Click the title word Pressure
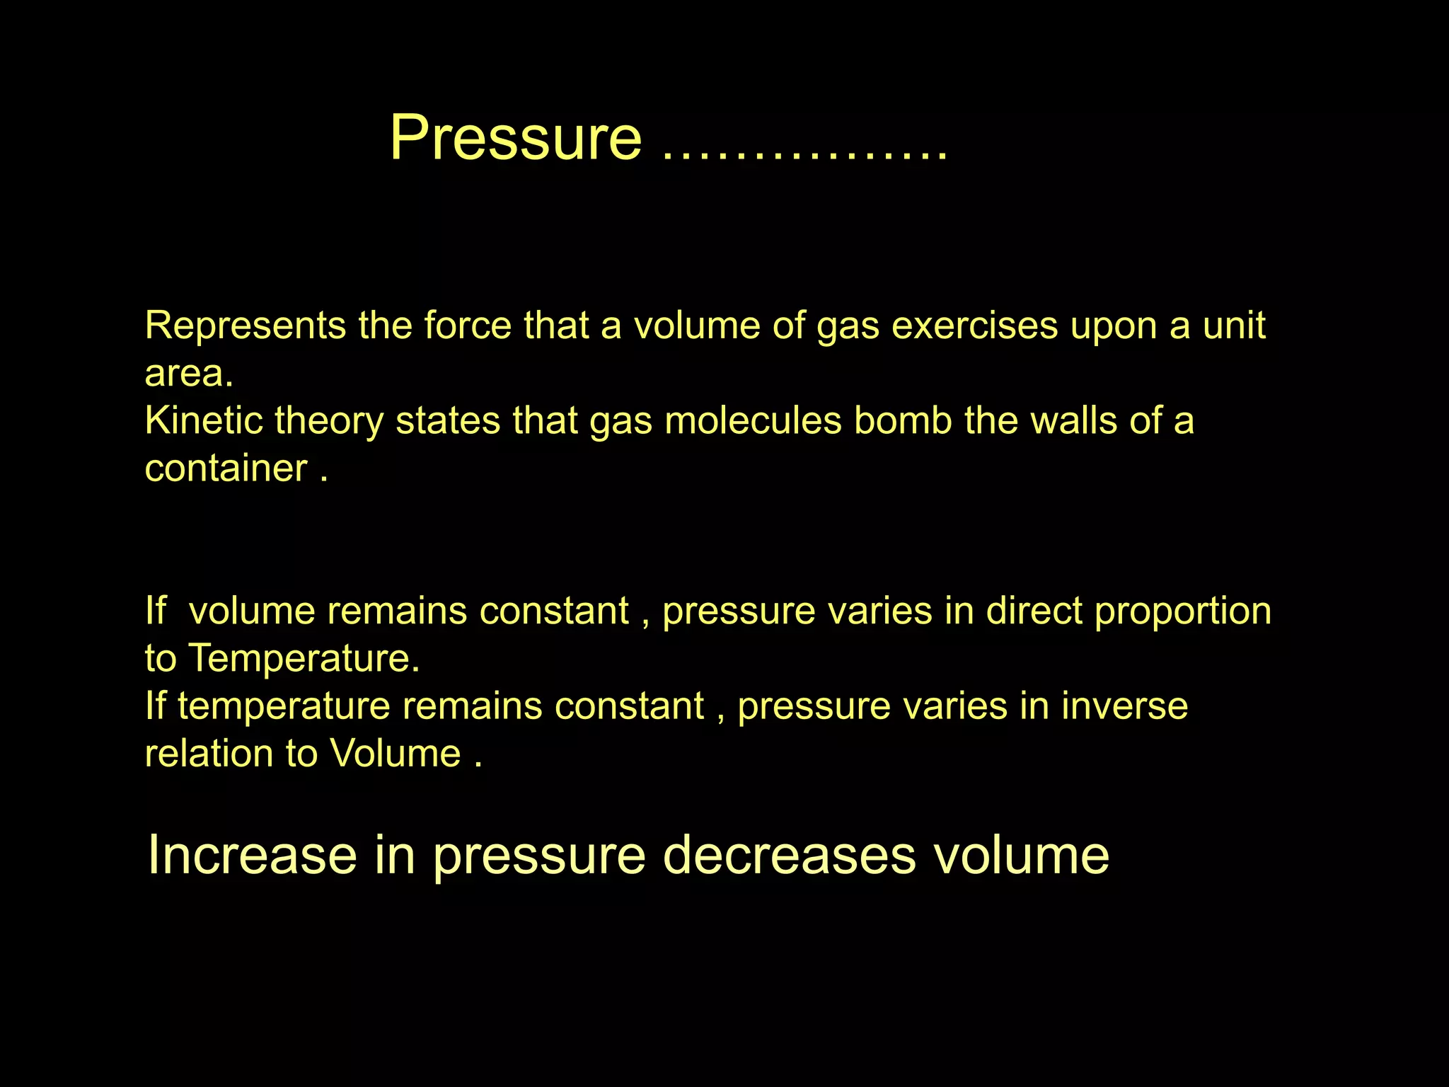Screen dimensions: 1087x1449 click(516, 137)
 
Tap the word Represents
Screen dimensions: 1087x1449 click(246, 326)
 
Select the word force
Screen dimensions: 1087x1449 click(467, 326)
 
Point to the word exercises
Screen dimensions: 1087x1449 click(974, 326)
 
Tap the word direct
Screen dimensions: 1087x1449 click(1034, 611)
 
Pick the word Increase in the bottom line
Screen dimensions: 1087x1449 click(252, 855)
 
